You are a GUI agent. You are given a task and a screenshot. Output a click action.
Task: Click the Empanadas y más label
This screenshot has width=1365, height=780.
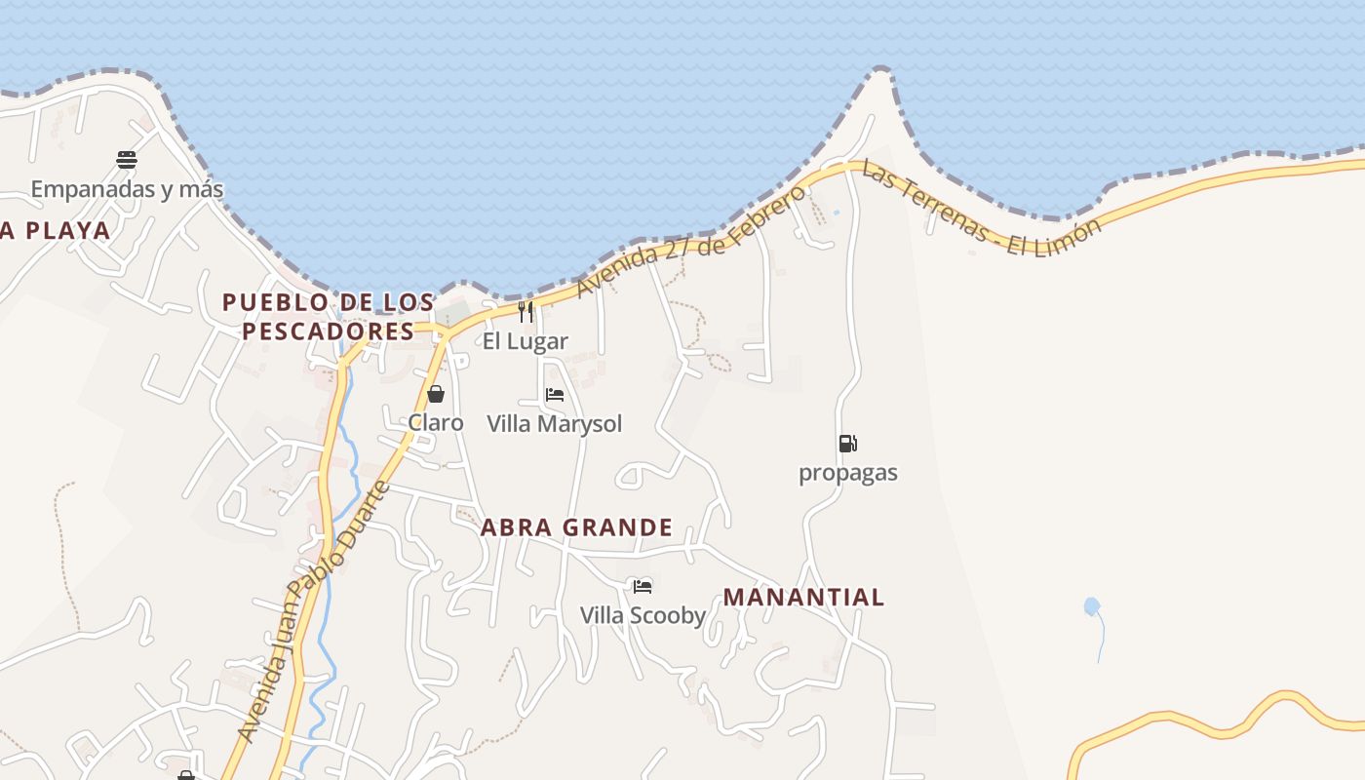point(127,189)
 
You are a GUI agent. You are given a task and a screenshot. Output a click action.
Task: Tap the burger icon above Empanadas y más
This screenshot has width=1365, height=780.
point(127,159)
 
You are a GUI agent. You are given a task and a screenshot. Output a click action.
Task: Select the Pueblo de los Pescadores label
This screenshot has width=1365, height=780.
point(329,317)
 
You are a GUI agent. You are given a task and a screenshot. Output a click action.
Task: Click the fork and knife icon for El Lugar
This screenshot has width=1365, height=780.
point(526,311)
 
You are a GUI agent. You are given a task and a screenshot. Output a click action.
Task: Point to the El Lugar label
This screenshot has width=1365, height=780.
point(526,341)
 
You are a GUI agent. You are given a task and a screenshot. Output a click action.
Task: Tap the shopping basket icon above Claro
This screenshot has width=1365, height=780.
point(436,394)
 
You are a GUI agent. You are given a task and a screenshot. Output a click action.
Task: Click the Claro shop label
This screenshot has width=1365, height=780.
point(436,423)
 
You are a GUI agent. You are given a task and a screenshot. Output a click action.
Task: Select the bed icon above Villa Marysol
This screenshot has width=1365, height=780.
point(555,395)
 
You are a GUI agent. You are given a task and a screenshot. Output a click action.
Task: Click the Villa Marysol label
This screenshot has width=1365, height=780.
point(555,424)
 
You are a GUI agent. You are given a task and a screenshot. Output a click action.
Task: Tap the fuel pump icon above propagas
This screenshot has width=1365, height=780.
point(847,444)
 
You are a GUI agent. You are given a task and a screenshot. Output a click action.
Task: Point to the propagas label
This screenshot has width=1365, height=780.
point(848,473)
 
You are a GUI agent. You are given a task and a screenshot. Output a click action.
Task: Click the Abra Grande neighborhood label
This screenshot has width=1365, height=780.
point(576,527)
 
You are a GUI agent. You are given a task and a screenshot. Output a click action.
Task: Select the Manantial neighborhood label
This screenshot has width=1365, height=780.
point(803,597)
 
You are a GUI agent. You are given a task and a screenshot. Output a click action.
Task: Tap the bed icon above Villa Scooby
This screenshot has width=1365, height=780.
point(643,586)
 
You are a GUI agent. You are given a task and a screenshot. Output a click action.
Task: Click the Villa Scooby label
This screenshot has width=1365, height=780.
point(643,615)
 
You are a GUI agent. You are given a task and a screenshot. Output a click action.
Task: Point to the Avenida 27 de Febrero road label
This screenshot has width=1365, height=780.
point(691,240)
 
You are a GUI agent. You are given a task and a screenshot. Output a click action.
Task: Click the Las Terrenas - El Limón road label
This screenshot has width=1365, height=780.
point(981,211)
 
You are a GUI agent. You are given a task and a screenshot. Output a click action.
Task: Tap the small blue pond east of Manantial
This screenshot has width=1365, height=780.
point(1092,606)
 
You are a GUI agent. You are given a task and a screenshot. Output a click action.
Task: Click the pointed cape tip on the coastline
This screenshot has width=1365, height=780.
point(881,71)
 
